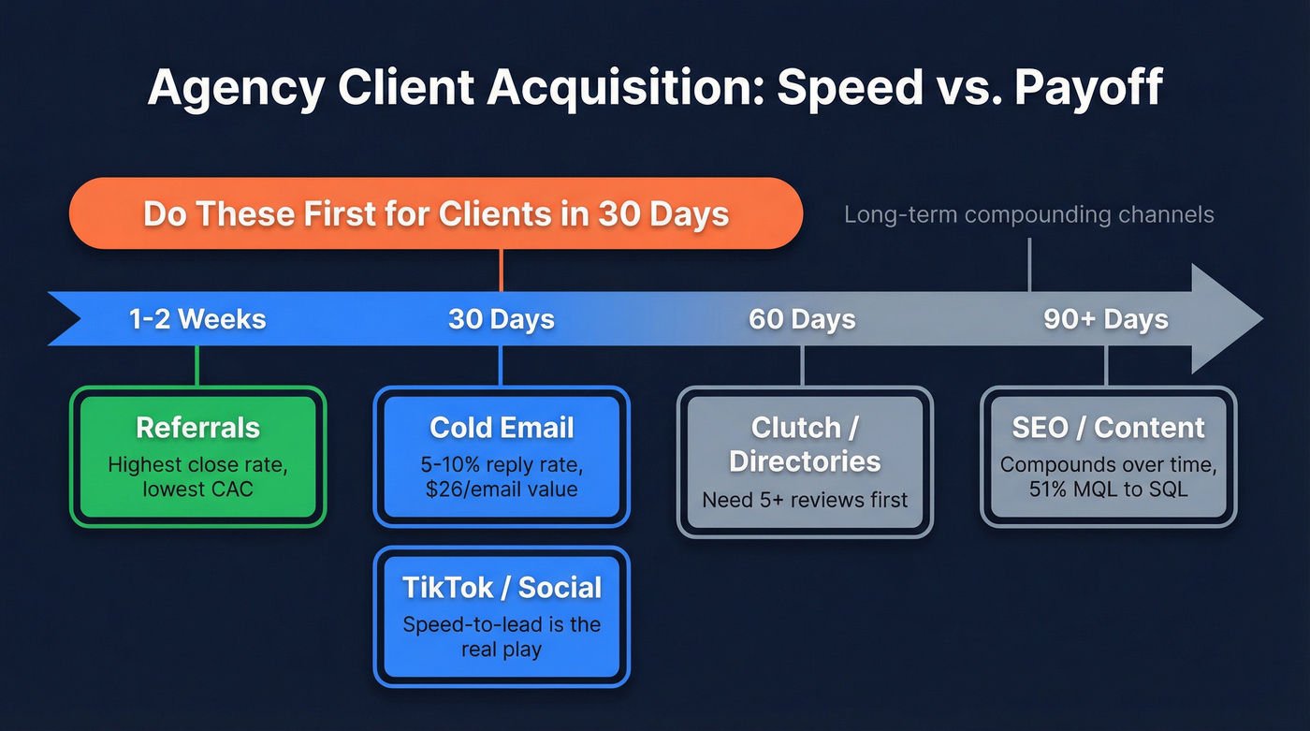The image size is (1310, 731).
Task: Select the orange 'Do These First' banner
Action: click(x=435, y=213)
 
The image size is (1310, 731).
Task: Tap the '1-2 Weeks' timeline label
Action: click(x=197, y=319)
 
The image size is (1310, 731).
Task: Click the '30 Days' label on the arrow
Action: click(x=502, y=319)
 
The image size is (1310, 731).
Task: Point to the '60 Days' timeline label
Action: click(x=802, y=319)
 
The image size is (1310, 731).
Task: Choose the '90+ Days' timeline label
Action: click(x=1106, y=319)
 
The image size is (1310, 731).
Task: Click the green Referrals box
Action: click(x=197, y=457)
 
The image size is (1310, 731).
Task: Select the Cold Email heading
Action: click(x=502, y=428)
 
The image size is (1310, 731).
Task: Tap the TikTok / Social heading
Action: click(x=502, y=588)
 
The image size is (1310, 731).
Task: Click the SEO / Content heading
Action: click(x=1108, y=428)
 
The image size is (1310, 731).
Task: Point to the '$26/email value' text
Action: click(x=502, y=490)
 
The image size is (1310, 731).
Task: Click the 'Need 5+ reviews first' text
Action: click(x=805, y=500)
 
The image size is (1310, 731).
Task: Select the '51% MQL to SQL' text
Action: click(x=1108, y=490)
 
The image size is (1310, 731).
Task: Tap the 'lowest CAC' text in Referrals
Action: click(x=197, y=490)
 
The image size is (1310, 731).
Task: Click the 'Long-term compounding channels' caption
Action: click(x=1028, y=214)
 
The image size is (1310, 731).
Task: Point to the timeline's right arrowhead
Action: click(x=1226, y=319)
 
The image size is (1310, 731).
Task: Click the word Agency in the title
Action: click(x=235, y=89)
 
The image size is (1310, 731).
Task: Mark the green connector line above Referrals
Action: click(x=197, y=366)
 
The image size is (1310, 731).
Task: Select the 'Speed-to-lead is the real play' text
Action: click(x=502, y=636)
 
